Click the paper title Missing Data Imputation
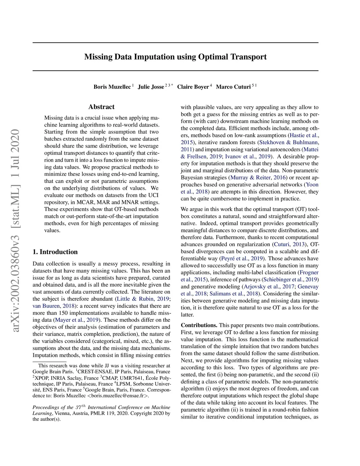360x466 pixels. pos(175,57)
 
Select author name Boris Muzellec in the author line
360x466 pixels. pos(112,87)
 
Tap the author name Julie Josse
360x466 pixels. pos(151,87)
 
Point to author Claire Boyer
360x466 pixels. pos(193,87)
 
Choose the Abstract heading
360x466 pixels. pos(101,107)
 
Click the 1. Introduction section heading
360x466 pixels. pos(55,252)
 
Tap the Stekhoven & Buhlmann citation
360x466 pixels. pos(289,142)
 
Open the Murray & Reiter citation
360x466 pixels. pos(250,178)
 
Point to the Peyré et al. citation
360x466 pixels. pos(234,258)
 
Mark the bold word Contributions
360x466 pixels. pos(199,325)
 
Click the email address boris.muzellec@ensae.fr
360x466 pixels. pos(120,396)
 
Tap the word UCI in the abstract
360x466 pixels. pos(153,195)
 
